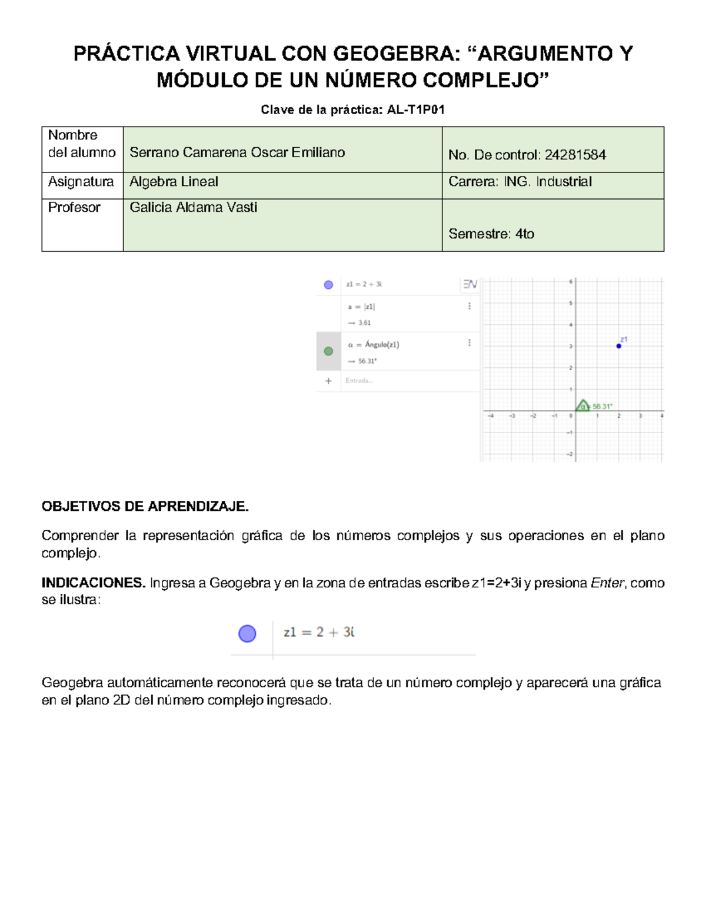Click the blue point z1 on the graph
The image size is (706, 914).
[618, 346]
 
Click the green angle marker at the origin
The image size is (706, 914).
[582, 406]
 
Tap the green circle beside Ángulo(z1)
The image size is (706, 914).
[328, 351]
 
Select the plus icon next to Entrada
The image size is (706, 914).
[328, 381]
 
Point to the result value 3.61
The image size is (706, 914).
[365, 323]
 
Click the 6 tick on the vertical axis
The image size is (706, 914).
[570, 282]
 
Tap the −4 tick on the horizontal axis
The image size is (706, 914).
[491, 416]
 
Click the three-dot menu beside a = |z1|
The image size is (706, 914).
[469, 306]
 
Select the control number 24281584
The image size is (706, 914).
[575, 155]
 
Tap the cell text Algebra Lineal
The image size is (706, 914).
[174, 182]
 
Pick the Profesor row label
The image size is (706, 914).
[74, 207]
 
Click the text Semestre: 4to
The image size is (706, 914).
[491, 234]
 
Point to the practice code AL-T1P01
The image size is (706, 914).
[415, 109]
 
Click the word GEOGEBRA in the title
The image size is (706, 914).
[394, 54]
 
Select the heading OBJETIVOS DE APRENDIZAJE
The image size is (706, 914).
[145, 506]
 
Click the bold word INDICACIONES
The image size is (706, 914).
[93, 583]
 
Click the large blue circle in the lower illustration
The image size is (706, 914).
[247, 633]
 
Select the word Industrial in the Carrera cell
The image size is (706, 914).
[564, 182]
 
